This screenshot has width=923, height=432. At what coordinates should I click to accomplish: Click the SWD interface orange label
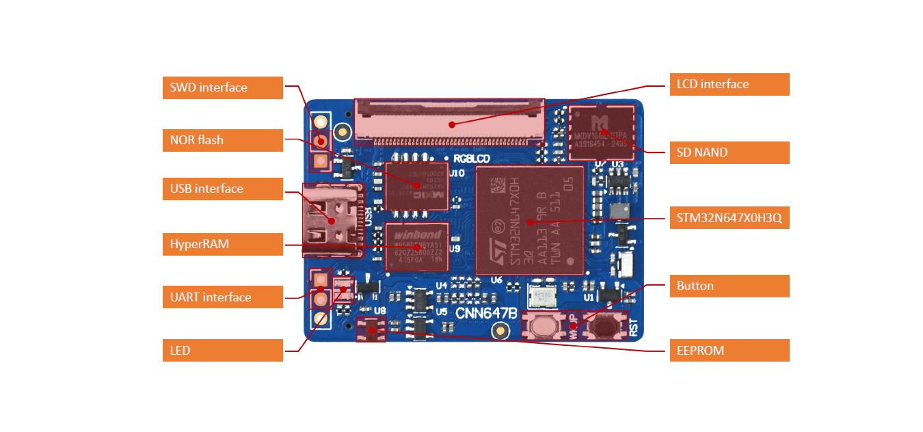coord(222,87)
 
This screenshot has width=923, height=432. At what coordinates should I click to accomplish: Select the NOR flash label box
coord(222,140)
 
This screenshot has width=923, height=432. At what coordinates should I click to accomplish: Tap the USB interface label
coord(222,189)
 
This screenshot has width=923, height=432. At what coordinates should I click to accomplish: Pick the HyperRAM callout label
coord(222,244)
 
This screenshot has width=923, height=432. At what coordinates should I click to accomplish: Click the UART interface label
coord(222,297)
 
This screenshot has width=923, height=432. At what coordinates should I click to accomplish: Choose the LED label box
coord(222,351)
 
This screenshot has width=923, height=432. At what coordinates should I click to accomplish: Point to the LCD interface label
coord(729,84)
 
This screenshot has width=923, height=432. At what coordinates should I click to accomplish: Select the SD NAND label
coord(729,152)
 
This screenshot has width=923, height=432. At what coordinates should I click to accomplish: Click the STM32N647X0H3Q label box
coord(729,219)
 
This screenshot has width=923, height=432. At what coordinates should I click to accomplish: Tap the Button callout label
coord(729,286)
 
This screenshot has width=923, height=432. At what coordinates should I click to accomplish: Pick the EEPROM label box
coord(729,351)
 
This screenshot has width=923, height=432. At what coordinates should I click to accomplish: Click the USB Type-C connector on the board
coord(332,220)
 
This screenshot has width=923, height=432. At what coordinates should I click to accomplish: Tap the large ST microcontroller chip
coord(529,220)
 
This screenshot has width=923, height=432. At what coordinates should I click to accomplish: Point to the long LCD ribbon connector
coord(449,122)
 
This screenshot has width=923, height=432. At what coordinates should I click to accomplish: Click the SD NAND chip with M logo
coord(602,132)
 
